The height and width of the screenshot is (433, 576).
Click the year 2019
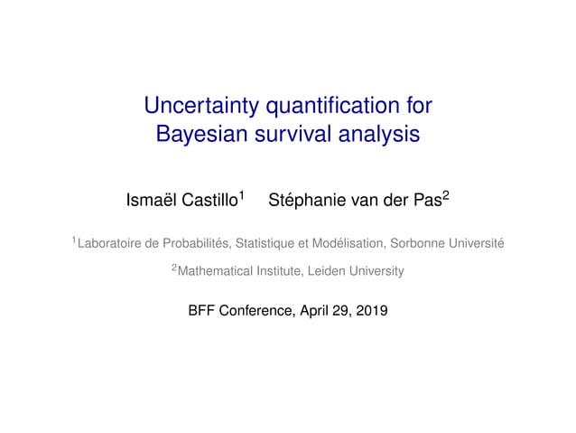[x=372, y=312]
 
